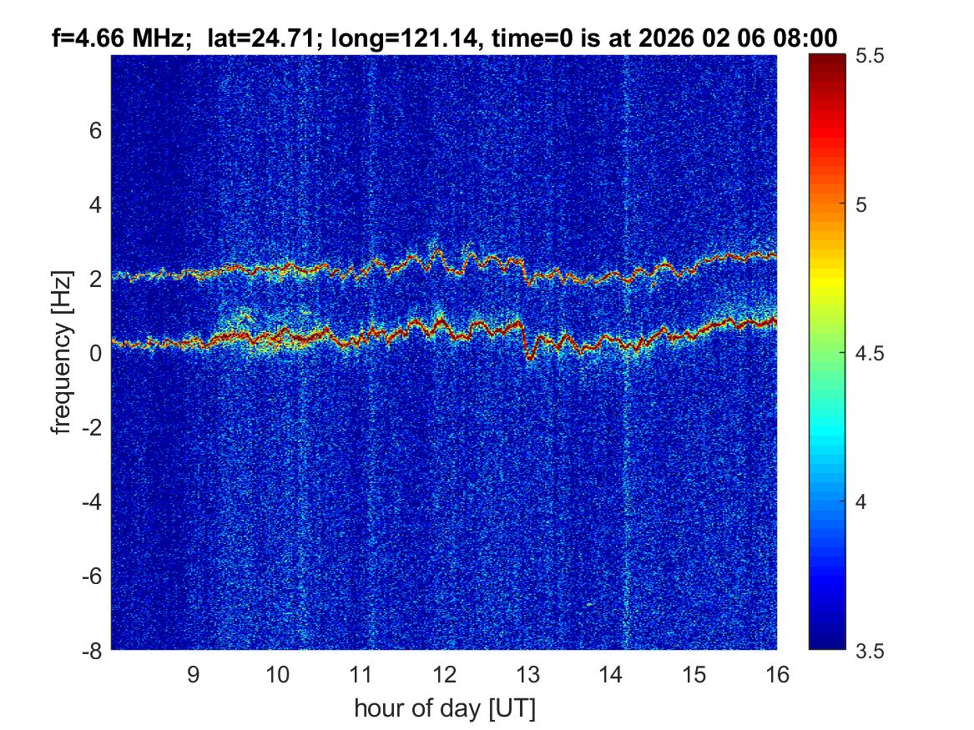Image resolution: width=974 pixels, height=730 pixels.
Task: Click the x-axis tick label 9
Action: coord(193,674)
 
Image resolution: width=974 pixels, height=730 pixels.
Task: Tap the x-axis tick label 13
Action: coord(527,674)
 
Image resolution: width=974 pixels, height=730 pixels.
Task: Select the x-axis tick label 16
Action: coord(776,674)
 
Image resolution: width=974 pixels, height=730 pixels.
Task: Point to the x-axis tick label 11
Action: coord(360,674)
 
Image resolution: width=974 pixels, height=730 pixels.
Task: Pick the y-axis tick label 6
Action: coord(96,131)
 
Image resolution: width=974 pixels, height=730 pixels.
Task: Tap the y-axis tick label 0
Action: coord(96,353)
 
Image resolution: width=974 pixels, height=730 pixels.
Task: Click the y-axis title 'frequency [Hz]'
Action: coord(61,352)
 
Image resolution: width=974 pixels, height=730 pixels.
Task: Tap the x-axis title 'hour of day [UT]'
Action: coord(444,709)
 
